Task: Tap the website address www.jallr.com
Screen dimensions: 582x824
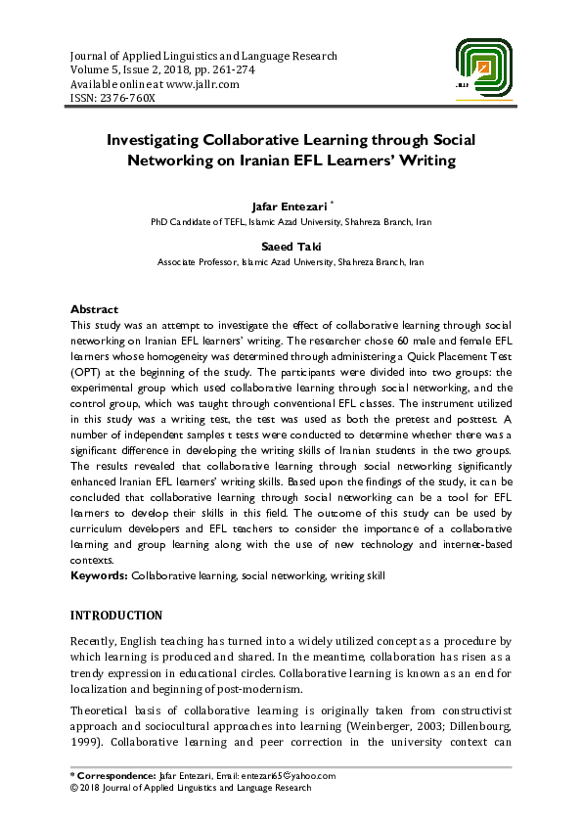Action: [202, 84]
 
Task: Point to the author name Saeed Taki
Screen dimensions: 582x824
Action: [291, 249]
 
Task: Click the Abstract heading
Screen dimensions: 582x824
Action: [95, 309]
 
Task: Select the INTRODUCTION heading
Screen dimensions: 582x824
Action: [117, 616]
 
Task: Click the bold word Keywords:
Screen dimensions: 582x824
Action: [100, 575]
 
